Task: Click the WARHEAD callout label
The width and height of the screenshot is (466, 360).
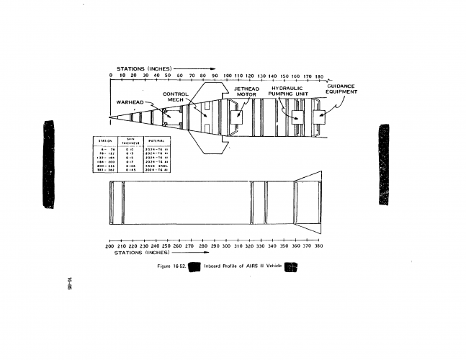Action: [x=130, y=102]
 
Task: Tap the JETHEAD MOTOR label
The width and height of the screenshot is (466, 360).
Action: [x=247, y=91]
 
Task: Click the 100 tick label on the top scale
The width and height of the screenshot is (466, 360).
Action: [x=228, y=76]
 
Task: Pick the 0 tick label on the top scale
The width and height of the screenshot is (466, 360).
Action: [x=111, y=76]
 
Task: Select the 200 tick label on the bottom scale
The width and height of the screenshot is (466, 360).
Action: [x=109, y=246]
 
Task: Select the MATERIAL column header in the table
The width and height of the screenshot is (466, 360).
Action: [x=156, y=142]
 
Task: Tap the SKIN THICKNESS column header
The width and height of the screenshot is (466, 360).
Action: [x=131, y=142]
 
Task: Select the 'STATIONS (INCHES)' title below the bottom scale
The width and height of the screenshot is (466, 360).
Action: [x=142, y=253]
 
